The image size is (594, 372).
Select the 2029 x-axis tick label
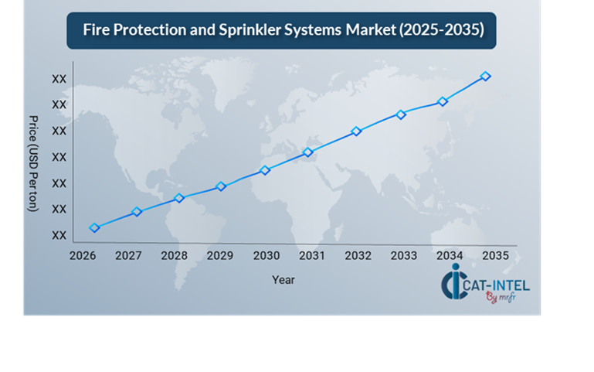point(221,255)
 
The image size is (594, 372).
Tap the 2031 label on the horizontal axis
point(312,255)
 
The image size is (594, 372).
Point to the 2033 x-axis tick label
point(403,255)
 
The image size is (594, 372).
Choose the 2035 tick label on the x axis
point(494,255)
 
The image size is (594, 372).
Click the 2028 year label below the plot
point(175,255)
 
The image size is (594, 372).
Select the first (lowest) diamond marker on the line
point(94,227)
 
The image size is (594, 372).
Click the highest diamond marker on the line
point(485,76)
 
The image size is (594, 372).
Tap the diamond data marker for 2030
point(264,170)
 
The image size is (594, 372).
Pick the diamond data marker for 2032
point(356,131)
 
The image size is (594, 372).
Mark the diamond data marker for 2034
point(443,101)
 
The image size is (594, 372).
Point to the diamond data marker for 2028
point(179,198)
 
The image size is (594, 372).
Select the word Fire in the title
point(97,30)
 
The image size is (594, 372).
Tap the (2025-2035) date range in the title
point(436,30)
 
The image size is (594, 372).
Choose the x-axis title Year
point(283,280)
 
